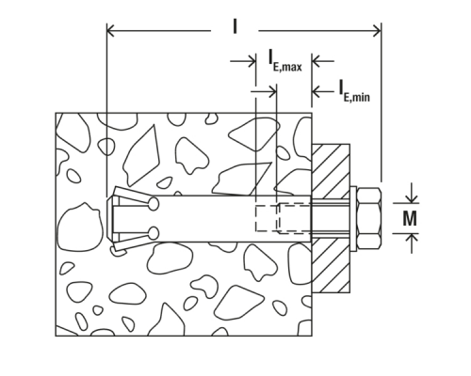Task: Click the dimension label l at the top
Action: [x=235, y=26]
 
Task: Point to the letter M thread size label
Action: [x=410, y=217]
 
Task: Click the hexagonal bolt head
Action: [x=368, y=217]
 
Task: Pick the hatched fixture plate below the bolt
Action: [x=331, y=262]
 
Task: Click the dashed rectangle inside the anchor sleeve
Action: [x=282, y=217]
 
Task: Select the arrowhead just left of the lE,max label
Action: [x=250, y=63]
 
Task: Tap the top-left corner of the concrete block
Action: [x=57, y=114]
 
